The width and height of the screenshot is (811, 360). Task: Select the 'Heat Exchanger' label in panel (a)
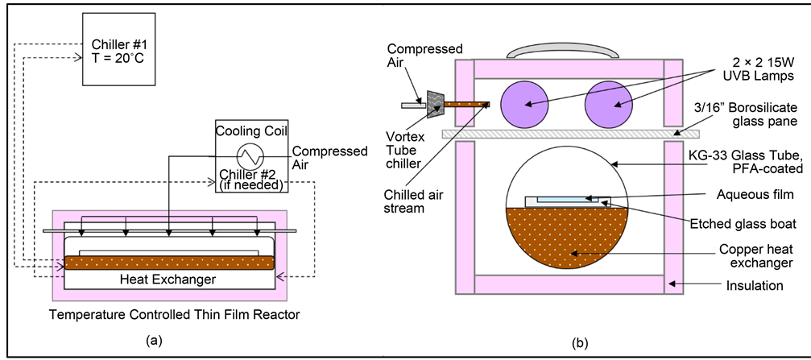click(x=169, y=279)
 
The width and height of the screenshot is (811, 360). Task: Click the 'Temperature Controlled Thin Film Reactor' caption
click(x=175, y=314)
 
